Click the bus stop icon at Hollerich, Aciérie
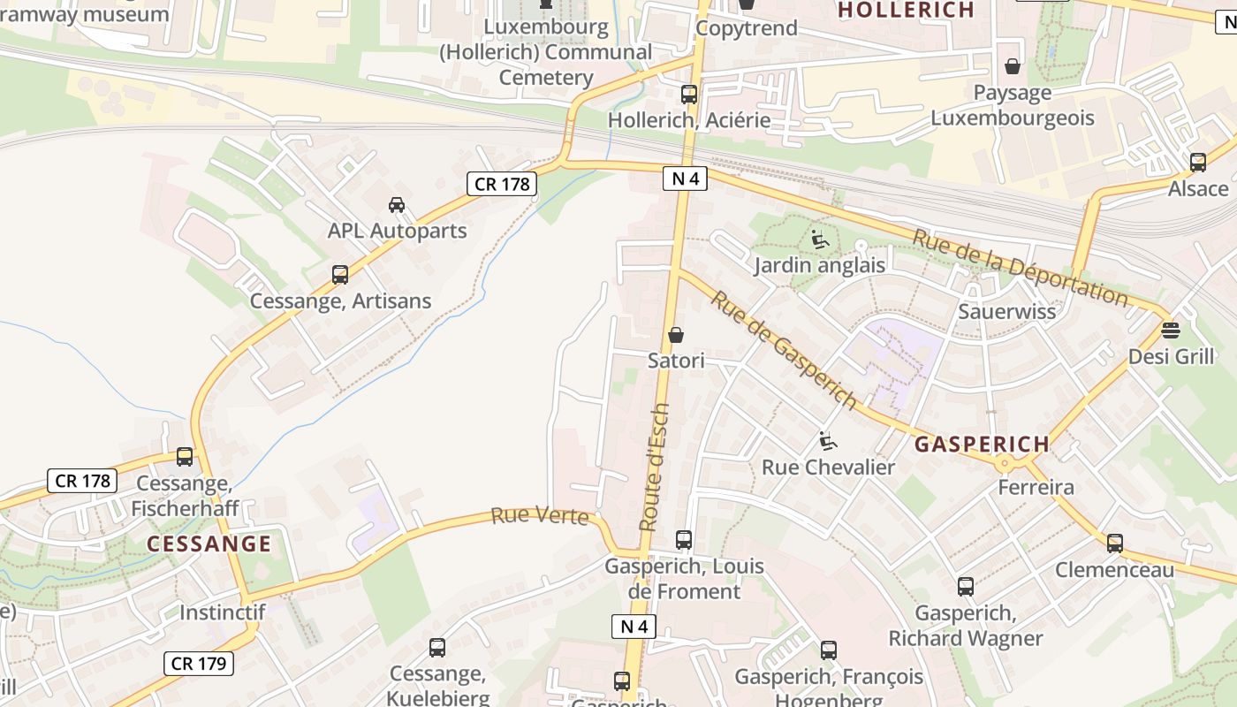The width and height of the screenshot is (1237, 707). (688, 95)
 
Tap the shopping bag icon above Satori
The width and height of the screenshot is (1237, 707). (676, 335)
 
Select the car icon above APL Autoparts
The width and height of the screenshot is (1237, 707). (397, 205)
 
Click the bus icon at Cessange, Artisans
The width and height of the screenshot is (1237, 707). (340, 275)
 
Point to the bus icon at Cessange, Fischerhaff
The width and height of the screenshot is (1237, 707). (185, 457)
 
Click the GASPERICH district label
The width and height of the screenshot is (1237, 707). (982, 444)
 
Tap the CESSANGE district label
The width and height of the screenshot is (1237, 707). (209, 544)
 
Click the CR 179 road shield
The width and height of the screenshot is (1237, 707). (199, 664)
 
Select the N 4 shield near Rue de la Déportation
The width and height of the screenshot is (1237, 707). (685, 179)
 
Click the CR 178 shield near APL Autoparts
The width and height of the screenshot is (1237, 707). (503, 184)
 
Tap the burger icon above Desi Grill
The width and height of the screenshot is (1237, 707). (1171, 331)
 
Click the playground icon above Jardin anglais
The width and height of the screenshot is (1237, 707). (819, 239)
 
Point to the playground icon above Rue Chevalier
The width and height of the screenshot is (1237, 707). (828, 441)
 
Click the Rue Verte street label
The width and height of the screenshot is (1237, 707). (539, 515)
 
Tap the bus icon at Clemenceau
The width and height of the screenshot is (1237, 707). (1115, 544)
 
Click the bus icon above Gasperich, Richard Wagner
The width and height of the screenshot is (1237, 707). (966, 586)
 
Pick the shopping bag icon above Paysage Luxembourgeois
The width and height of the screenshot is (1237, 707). (1013, 66)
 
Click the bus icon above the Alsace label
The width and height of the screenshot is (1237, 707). (1198, 163)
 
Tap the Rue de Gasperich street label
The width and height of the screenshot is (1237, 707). (784, 350)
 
